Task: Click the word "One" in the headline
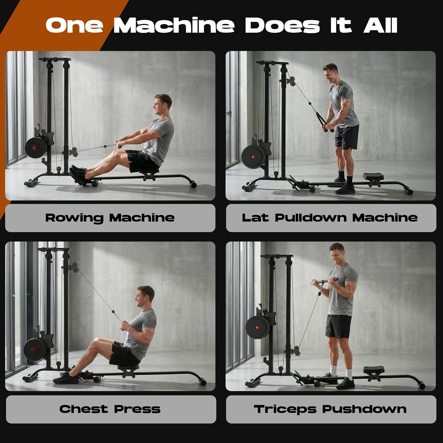point(74,25)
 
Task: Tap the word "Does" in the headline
point(282,25)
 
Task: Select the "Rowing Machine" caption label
point(110,218)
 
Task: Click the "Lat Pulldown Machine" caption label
point(331,218)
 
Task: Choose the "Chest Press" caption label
point(110,409)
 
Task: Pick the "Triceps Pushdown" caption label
point(331,409)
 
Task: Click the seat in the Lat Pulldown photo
point(373,176)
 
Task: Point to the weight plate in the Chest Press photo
point(34,350)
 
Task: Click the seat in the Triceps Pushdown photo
point(374,369)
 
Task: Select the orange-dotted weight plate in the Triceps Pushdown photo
point(258,328)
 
